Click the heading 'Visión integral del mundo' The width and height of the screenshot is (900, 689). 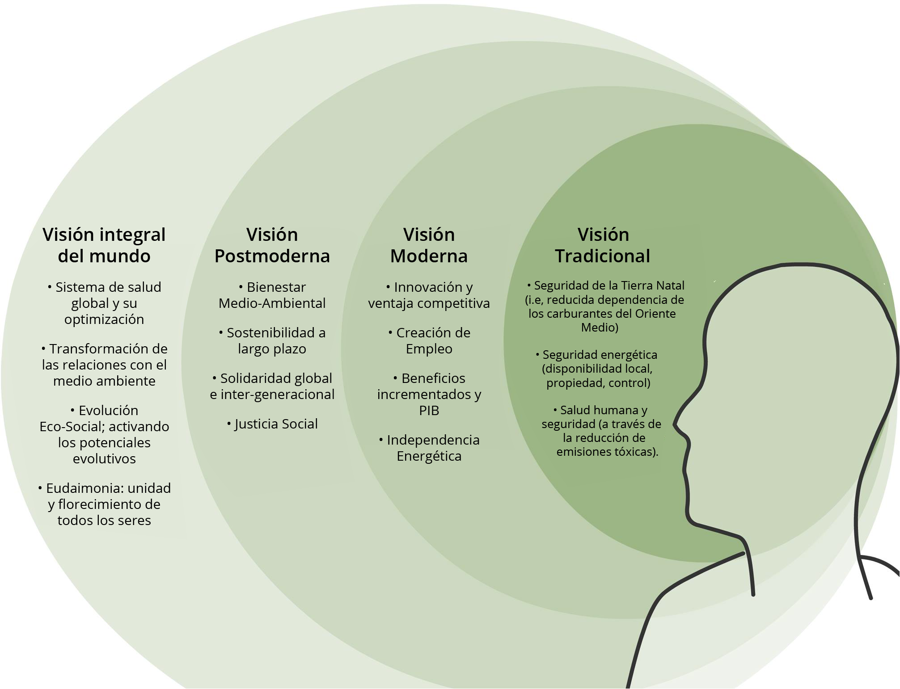[104, 245]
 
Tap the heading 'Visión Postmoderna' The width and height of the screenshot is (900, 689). [272, 245]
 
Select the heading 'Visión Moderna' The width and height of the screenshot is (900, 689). [429, 245]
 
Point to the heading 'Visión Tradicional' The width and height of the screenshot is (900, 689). [603, 245]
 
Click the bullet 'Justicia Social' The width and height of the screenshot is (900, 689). [272, 424]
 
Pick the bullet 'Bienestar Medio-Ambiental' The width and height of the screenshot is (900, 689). [272, 295]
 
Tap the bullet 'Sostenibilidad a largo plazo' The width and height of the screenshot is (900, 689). [272, 340]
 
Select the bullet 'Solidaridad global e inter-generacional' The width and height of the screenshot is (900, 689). [272, 386]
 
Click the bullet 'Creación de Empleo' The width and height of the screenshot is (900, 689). [429, 340]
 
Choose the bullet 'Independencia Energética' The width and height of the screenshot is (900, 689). [429, 448]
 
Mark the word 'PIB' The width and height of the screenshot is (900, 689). [429, 410]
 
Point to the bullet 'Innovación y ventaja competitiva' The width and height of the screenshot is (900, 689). [429, 295]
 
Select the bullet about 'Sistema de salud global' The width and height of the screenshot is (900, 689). [104, 303]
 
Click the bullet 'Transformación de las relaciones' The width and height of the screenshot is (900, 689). [104, 365]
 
